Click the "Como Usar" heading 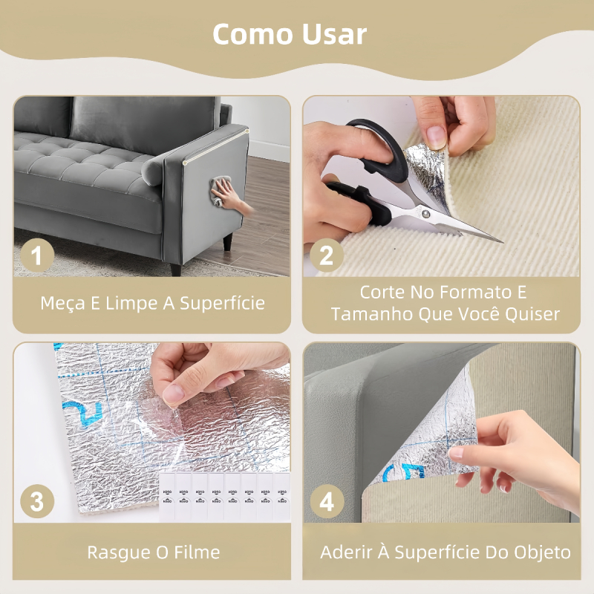coord(290,34)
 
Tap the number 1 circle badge coord(36,255)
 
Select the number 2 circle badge coord(327,255)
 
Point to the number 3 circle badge coord(36,501)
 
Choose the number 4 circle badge coord(327,501)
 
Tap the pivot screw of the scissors coord(427,214)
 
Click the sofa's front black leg coord(227,242)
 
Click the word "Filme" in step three coord(197,552)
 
